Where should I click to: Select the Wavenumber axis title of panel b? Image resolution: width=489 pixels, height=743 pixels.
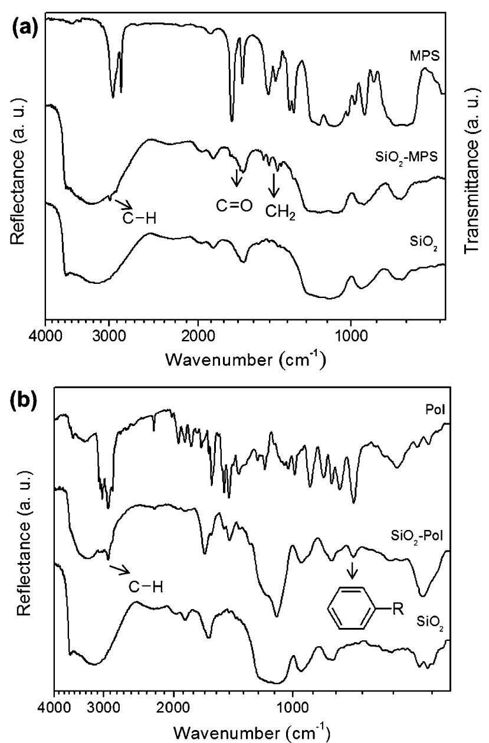tap(251, 730)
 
